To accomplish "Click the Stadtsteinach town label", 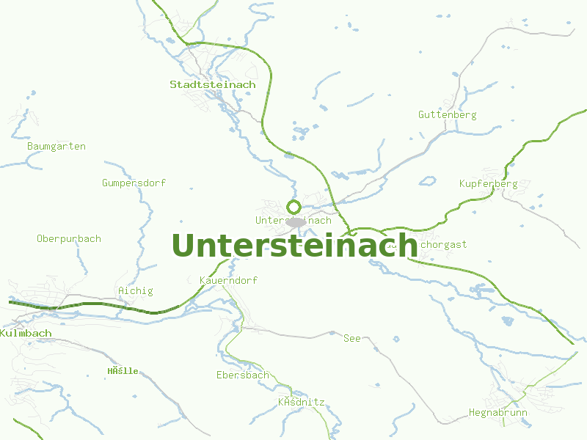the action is click(x=213, y=84).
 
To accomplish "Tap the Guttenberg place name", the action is click(x=447, y=114).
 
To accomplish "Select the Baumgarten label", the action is click(x=56, y=146).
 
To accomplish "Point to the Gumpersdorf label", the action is click(x=134, y=183).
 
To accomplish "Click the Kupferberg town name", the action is click(x=488, y=183).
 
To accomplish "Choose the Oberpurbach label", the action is click(x=69, y=238).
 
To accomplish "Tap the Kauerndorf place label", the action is click(x=228, y=281).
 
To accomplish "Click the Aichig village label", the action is click(x=136, y=290).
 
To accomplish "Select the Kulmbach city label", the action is click(x=26, y=333).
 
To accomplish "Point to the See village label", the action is click(x=352, y=338).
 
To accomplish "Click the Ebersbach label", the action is click(x=243, y=375).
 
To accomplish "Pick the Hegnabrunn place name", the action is click(x=498, y=413).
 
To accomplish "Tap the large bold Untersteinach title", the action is click(x=294, y=245).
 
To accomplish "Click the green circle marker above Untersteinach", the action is click(x=294, y=207).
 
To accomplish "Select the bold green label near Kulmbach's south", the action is click(x=123, y=371).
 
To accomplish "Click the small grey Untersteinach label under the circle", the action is click(x=293, y=220).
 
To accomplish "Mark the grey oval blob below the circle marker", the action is click(x=296, y=222).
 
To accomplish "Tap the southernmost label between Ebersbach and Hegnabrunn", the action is click(x=301, y=403).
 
